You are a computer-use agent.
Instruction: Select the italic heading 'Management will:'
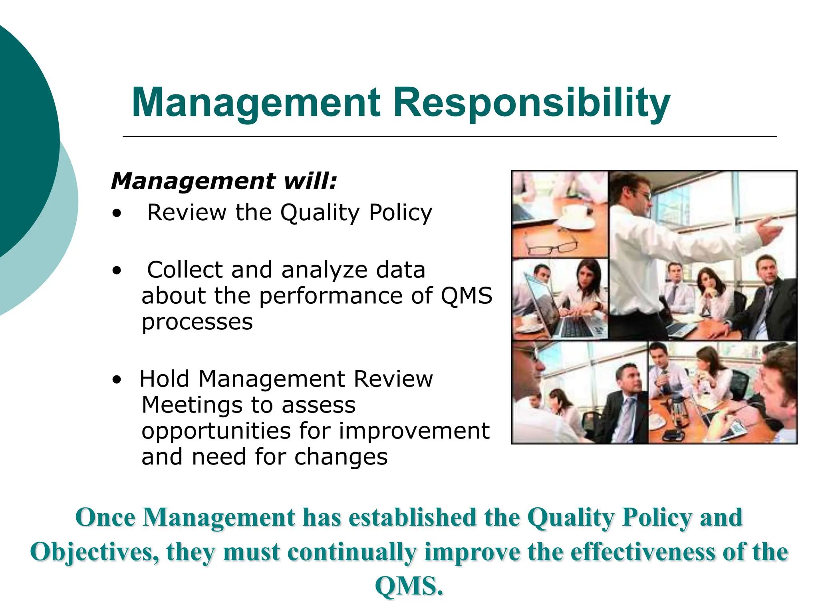click(x=224, y=181)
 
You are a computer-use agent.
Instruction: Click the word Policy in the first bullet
click(x=400, y=213)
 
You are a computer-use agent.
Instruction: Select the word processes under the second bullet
click(x=197, y=322)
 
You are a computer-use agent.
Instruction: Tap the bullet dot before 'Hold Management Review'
click(x=116, y=380)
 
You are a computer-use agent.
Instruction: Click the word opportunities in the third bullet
click(x=216, y=432)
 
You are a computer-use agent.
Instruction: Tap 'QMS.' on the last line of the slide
click(x=409, y=586)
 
